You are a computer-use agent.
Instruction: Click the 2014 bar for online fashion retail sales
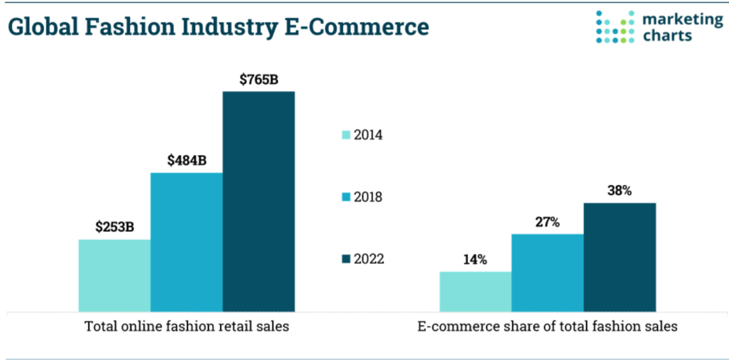[x=114, y=275]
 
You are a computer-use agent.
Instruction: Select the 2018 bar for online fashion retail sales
[x=187, y=242]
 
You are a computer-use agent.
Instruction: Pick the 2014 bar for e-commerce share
[x=475, y=292]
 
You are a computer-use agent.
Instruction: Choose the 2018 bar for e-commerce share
[x=547, y=272]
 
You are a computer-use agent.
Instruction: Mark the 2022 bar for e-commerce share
[x=619, y=257]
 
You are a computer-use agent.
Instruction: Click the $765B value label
[x=258, y=79]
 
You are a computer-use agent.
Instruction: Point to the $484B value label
[x=187, y=160]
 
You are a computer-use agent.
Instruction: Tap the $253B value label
[x=115, y=228]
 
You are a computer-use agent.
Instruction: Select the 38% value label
[x=619, y=191]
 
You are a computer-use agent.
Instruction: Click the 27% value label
[x=547, y=222]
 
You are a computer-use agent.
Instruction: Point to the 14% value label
[x=475, y=260]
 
